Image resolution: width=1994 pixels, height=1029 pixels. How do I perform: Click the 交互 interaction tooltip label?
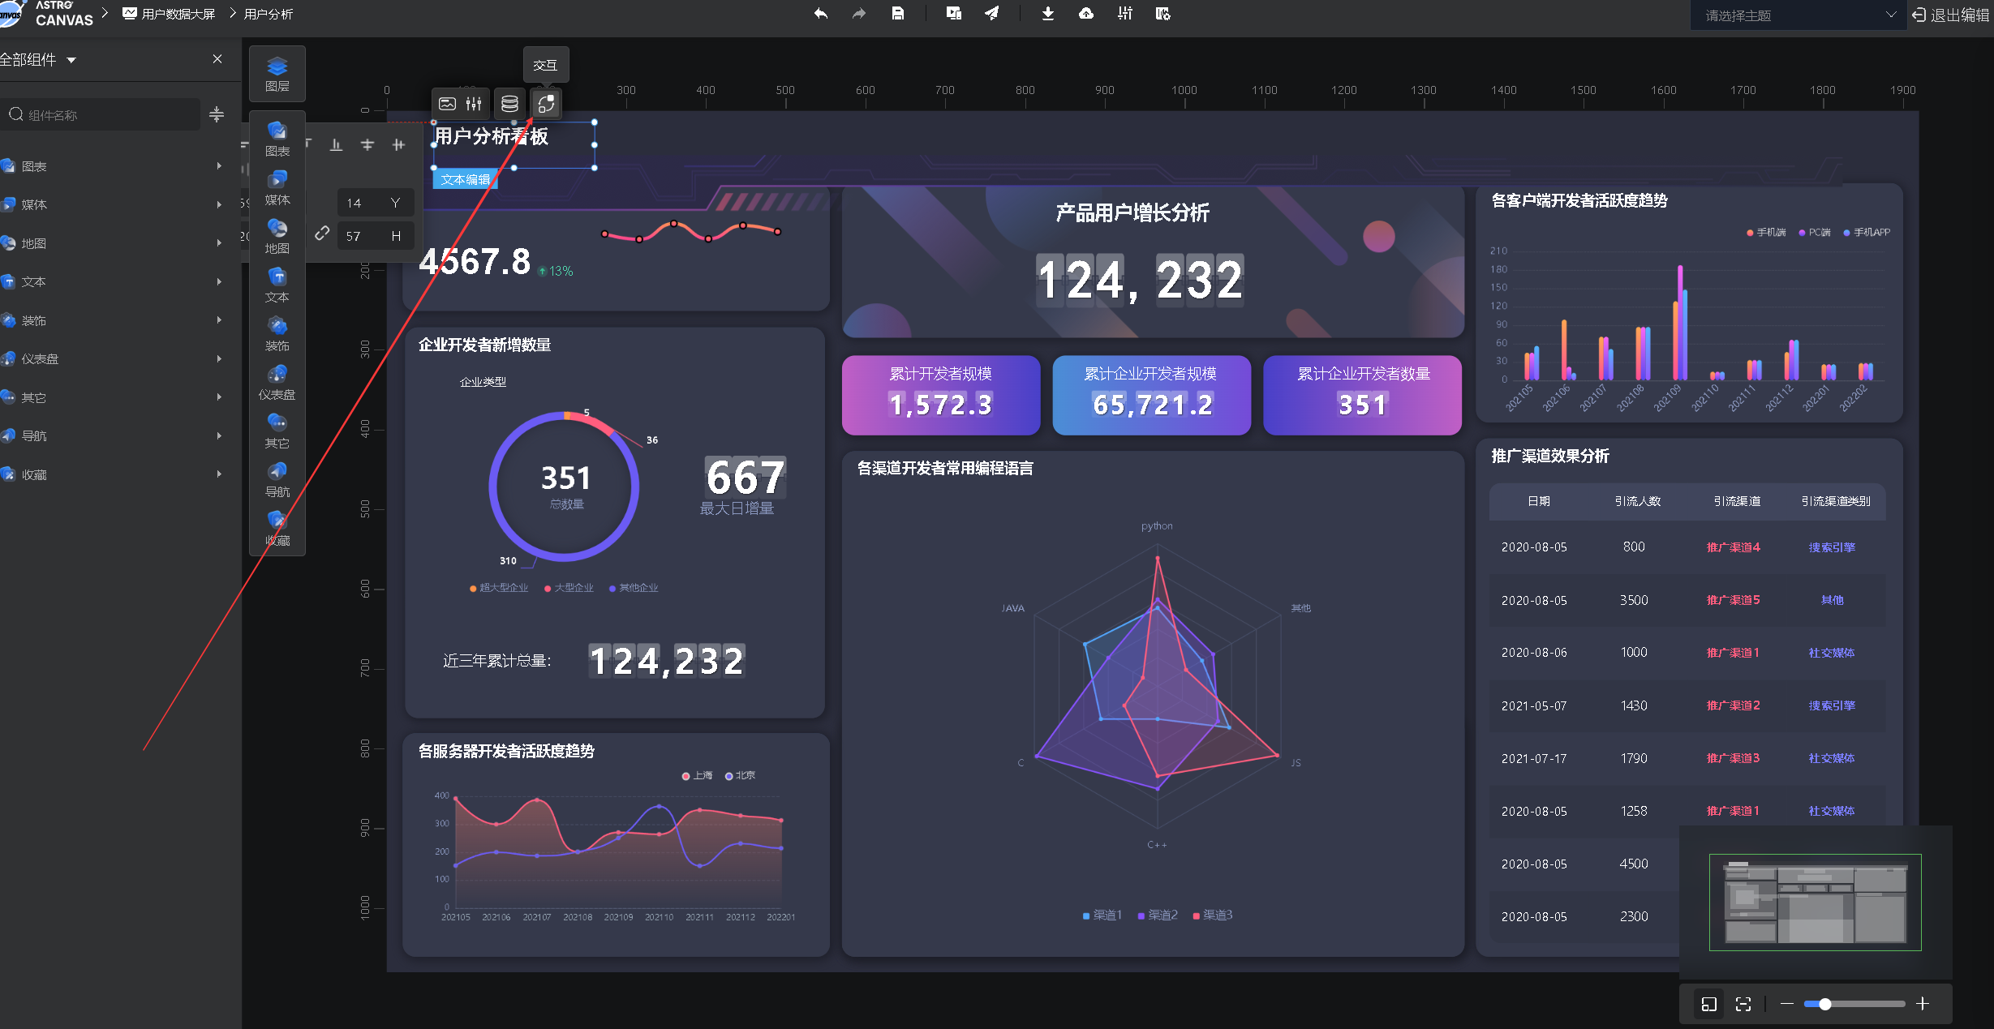(545, 65)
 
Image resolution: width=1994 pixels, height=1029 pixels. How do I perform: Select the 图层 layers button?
(277, 74)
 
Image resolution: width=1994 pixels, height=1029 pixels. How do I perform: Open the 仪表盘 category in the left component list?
(40, 359)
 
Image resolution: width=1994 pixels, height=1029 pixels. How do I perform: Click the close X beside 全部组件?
(217, 59)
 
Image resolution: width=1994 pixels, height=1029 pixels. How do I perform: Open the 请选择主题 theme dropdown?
(1798, 15)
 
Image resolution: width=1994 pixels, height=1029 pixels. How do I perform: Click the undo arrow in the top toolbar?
(821, 14)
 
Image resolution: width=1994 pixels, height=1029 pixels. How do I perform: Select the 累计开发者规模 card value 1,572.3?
(940, 405)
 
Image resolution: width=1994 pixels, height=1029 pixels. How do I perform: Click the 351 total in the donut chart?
(565, 478)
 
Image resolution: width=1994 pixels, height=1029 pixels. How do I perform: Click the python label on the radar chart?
(1157, 526)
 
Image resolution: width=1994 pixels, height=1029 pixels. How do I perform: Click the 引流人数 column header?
(1638, 501)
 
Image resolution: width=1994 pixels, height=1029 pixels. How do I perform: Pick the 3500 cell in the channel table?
(1634, 600)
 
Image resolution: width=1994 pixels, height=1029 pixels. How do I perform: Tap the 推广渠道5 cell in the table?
(1733, 600)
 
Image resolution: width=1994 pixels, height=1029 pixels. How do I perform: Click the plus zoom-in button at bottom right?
(1922, 1004)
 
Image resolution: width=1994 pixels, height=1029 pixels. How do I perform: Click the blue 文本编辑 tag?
(466, 179)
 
